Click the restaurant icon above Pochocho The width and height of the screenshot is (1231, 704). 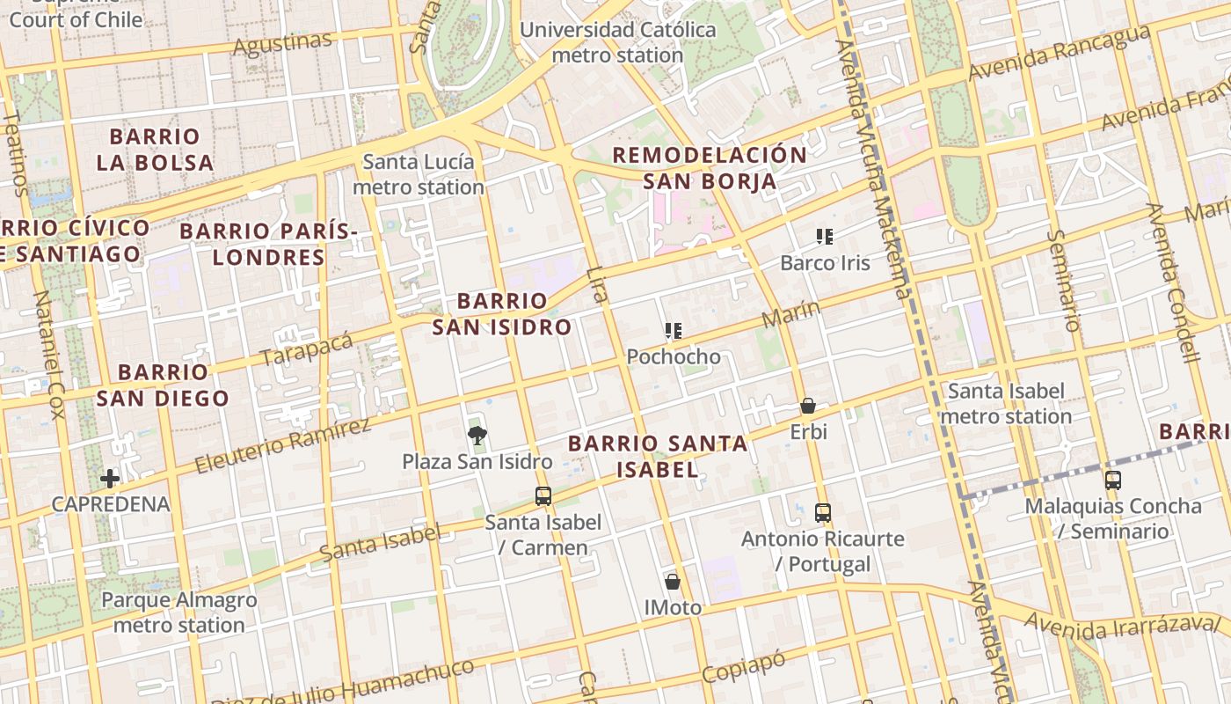pyautogui.click(x=674, y=332)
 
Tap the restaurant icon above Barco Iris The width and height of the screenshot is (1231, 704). pyautogui.click(x=825, y=237)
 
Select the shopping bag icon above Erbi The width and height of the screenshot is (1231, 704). pyautogui.click(x=808, y=407)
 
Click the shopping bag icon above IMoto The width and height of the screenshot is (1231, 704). pyautogui.click(x=673, y=582)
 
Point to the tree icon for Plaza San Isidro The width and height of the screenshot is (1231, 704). pyautogui.click(x=477, y=435)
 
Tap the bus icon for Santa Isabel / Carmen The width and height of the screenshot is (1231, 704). pyautogui.click(x=543, y=496)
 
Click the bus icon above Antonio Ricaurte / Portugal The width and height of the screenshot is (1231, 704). pyautogui.click(x=823, y=512)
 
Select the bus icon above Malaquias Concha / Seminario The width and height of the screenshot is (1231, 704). pyautogui.click(x=1113, y=480)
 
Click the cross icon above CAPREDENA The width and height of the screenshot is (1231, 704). pyautogui.click(x=110, y=479)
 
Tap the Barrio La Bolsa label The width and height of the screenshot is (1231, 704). pyautogui.click(x=155, y=150)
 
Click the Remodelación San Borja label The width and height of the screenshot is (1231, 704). pyautogui.click(x=709, y=168)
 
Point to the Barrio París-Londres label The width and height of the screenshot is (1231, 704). pyautogui.click(x=268, y=245)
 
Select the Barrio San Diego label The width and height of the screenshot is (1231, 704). pyautogui.click(x=163, y=385)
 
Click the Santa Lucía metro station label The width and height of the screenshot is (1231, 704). pyautogui.click(x=419, y=174)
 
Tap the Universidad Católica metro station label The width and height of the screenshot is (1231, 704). pyautogui.click(x=617, y=42)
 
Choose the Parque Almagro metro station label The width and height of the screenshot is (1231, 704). pyautogui.click(x=179, y=612)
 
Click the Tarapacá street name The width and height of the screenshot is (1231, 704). pyautogui.click(x=307, y=349)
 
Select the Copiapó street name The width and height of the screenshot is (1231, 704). pyautogui.click(x=744, y=667)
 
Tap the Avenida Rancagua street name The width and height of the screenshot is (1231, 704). pyautogui.click(x=1059, y=53)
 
